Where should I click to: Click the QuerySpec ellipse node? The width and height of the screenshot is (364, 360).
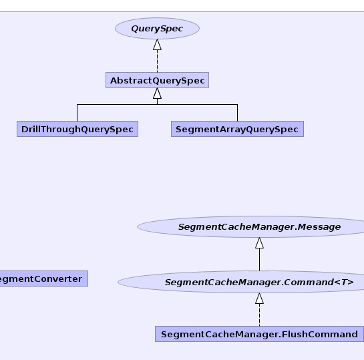point(157,28)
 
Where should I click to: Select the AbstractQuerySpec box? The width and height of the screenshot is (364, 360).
point(157,80)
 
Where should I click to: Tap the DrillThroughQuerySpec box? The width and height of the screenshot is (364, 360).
point(77,129)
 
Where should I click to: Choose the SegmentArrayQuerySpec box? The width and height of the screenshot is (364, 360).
point(237,129)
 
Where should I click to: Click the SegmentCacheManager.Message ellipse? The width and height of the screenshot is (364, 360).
point(250,226)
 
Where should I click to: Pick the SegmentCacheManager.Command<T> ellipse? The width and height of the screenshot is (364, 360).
point(241,282)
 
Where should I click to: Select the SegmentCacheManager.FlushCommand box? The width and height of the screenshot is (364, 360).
point(259,334)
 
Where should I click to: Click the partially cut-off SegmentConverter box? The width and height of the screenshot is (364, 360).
point(44,279)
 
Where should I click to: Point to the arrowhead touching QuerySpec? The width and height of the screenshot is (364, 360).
point(157,45)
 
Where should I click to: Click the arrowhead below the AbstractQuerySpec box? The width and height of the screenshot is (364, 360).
point(157,94)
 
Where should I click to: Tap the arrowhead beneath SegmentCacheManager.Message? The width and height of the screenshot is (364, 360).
point(259,243)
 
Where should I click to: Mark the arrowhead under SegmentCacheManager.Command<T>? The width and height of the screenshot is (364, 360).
point(259,299)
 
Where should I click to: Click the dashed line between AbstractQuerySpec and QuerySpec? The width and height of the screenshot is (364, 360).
point(157,61)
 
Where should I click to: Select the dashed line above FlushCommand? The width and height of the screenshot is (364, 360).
point(259,315)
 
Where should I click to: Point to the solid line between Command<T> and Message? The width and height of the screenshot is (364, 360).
point(259,260)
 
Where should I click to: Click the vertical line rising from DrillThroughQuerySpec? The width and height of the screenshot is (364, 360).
point(77,113)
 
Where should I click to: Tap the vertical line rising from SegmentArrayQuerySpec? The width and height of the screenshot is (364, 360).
point(237,113)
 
